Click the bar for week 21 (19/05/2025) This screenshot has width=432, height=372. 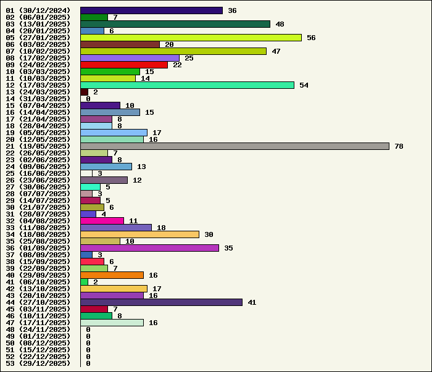point(235,146)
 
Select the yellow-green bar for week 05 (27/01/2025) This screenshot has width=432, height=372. point(191,38)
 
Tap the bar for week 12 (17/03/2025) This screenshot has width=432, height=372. point(187,85)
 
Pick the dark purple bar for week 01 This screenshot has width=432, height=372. point(151,10)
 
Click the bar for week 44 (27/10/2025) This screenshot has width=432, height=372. point(161,302)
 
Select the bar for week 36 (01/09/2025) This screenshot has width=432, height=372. point(149,248)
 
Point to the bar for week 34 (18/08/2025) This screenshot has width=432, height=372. point(139,234)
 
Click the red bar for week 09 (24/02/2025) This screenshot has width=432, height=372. point(123,65)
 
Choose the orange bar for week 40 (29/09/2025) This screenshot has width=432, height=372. point(112,275)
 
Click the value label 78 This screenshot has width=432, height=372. point(399,146)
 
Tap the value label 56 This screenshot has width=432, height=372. point(311,38)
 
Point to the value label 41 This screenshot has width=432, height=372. point(252,302)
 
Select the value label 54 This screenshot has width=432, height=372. point(304,85)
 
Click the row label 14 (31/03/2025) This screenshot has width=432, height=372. point(38,99)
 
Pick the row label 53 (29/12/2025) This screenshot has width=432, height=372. point(38,363)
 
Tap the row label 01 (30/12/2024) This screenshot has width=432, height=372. point(38,10)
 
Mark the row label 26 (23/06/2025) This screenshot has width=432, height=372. point(38,180)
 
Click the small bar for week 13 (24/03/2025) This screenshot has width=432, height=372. point(84,92)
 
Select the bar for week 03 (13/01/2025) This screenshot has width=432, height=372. point(175,24)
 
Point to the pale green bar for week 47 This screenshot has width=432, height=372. point(112,323)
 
